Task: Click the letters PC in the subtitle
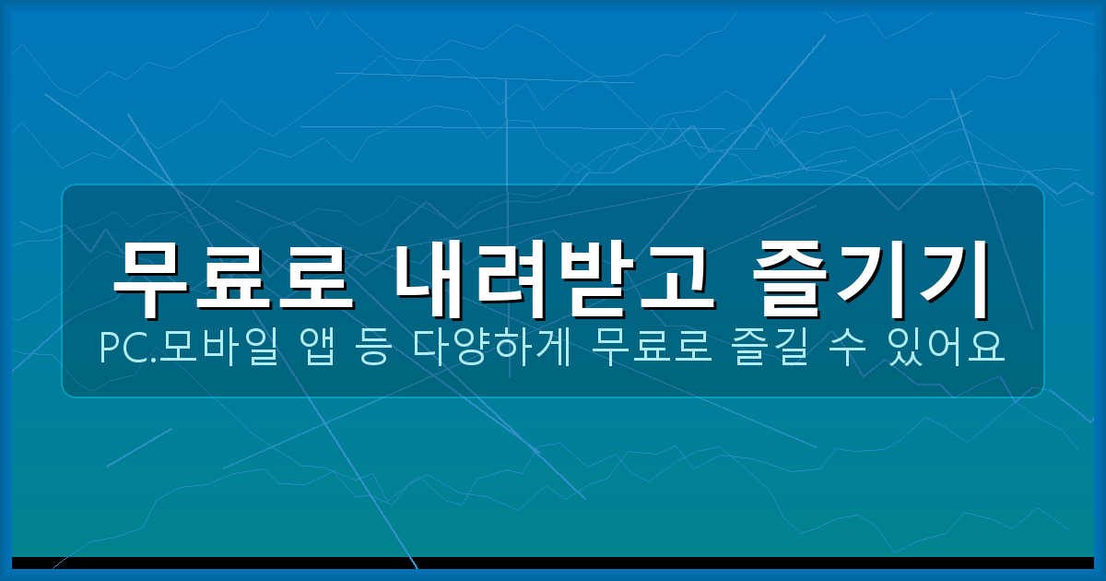click(x=119, y=348)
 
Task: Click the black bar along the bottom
click(x=553, y=563)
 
